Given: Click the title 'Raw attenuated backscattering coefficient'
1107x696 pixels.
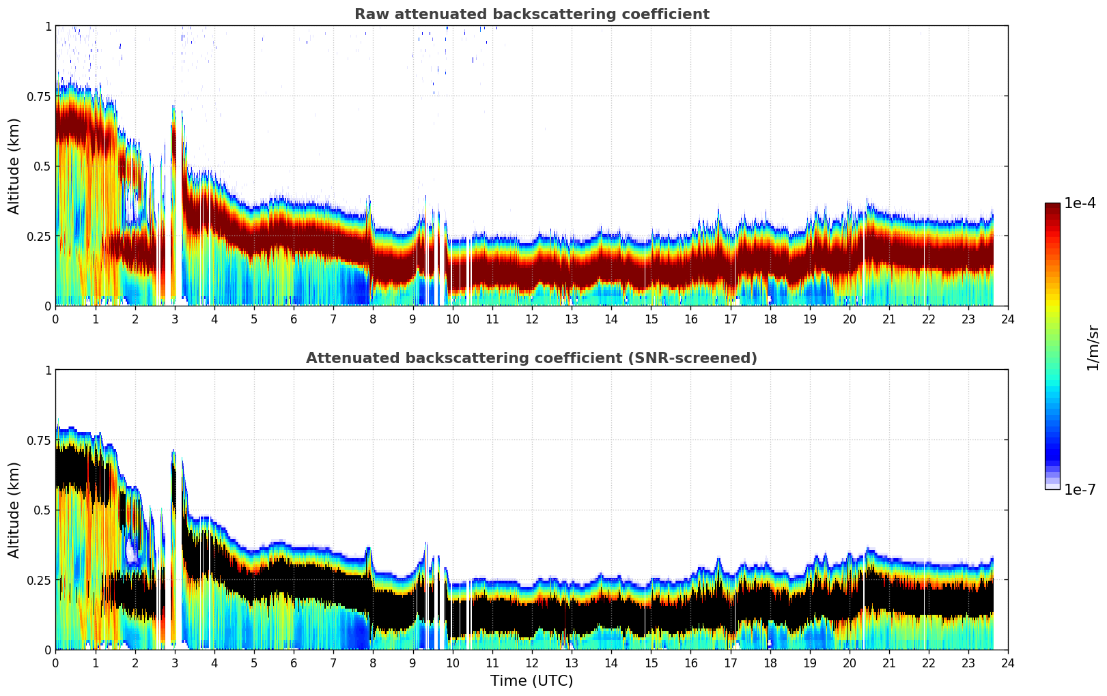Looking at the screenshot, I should pyautogui.click(x=531, y=14).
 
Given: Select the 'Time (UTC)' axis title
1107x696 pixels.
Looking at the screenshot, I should pyautogui.click(x=531, y=681).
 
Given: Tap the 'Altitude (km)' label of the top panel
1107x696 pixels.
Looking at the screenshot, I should pyautogui.click(x=14, y=166).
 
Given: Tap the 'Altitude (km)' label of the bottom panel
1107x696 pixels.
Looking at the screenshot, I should pyautogui.click(x=14, y=510).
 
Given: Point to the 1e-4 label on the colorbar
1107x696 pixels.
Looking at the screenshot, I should pyautogui.click(x=1080, y=203).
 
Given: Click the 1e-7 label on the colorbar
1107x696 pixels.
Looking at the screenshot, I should pyautogui.click(x=1080, y=490).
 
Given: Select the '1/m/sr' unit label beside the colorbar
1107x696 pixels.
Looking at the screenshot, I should pyautogui.click(x=1093, y=347).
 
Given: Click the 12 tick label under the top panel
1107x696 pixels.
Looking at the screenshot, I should pyautogui.click(x=532, y=319).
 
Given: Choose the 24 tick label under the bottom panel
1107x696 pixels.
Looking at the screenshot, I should pyautogui.click(x=1008, y=663).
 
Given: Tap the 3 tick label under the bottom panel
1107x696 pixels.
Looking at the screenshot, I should pyautogui.click(x=175, y=663).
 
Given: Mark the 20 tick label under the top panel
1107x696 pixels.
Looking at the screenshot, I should pyautogui.click(x=850, y=319).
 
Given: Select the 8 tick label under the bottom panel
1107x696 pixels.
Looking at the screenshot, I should pyautogui.click(x=373, y=663).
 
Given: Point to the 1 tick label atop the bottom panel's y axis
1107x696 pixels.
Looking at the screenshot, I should pyautogui.click(x=48, y=371).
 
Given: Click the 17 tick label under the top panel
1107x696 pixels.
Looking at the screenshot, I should pyautogui.click(x=730, y=319).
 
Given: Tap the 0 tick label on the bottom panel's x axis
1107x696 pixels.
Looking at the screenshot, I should pyautogui.click(x=56, y=663).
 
